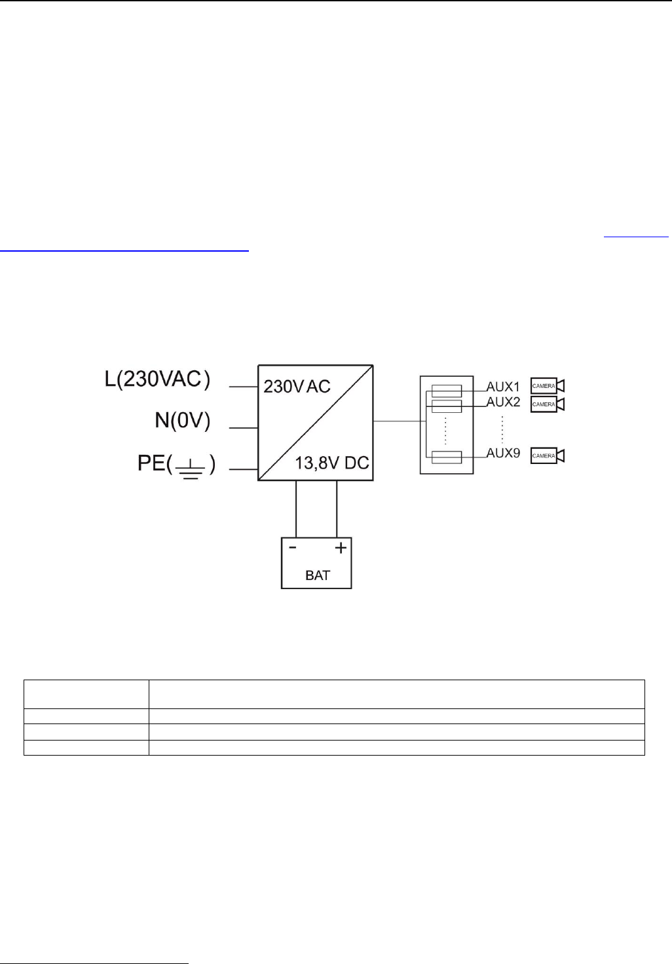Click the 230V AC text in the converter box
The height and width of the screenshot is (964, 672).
[297, 387]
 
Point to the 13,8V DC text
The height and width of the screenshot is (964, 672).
[330, 463]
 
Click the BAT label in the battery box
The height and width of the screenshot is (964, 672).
[318, 576]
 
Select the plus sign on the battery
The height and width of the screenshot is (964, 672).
[341, 547]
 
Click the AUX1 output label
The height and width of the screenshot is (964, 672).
[503, 387]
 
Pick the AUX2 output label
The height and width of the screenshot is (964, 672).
[503, 402]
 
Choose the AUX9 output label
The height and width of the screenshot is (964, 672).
[503, 453]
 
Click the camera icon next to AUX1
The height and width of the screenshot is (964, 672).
[547, 386]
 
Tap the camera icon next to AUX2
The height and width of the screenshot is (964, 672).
[547, 404]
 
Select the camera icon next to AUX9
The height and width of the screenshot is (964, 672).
[547, 455]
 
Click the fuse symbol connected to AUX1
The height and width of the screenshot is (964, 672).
[447, 391]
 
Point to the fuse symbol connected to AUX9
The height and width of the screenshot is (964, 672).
[447, 456]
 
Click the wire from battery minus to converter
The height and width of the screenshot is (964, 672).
[296, 509]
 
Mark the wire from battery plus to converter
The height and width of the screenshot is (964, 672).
[337, 509]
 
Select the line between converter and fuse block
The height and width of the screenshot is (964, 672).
[396, 421]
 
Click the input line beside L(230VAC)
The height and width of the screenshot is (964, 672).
[243, 387]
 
